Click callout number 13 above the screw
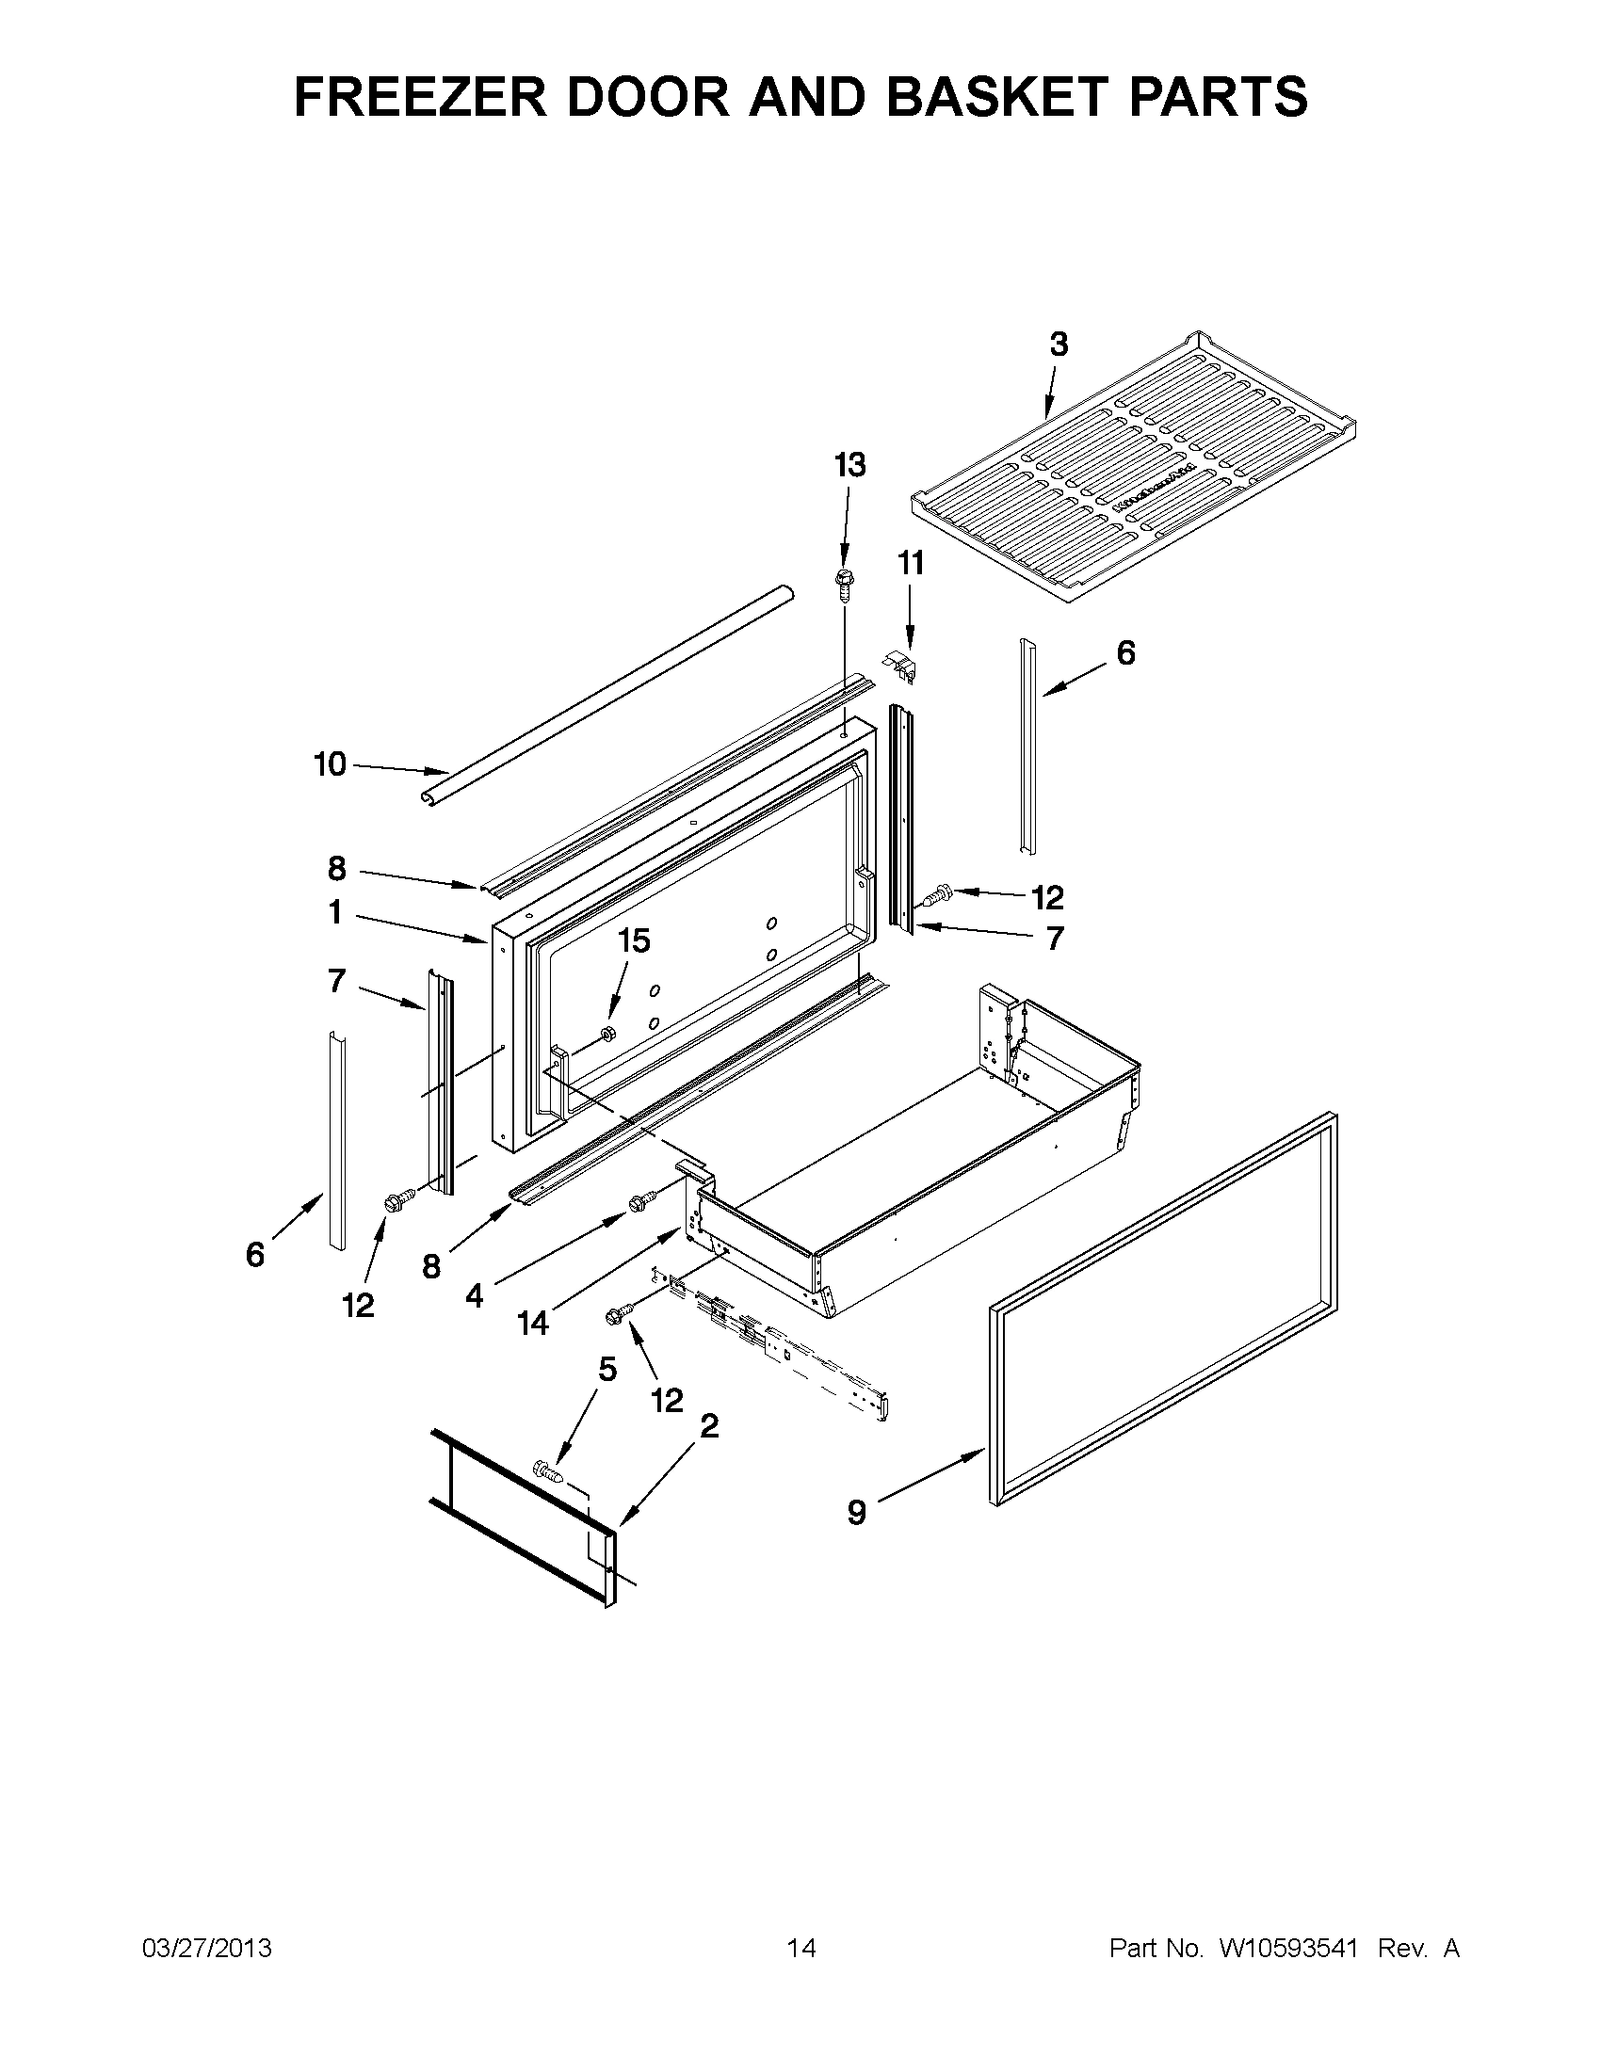pyautogui.click(x=849, y=465)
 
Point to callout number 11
pyautogui.click(x=910, y=564)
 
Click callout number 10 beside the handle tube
pyautogui.click(x=331, y=763)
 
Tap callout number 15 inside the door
pyautogui.click(x=634, y=941)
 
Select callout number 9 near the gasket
pyautogui.click(x=856, y=1512)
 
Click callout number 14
pyautogui.click(x=533, y=1323)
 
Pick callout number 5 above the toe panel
pyautogui.click(x=607, y=1369)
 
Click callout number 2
pyautogui.click(x=709, y=1425)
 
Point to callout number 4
pyautogui.click(x=475, y=1294)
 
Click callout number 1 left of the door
pyautogui.click(x=335, y=912)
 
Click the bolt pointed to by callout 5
pyautogui.click(x=548, y=1472)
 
